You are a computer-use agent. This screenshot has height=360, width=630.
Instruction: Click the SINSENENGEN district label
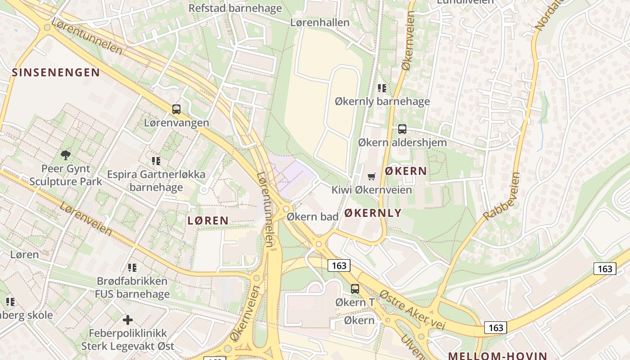point(56,72)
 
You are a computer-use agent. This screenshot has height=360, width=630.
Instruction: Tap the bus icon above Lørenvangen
point(176,109)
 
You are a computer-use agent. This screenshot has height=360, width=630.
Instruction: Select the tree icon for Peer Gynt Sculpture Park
point(66,155)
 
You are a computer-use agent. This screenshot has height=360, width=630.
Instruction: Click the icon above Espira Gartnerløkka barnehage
point(156,161)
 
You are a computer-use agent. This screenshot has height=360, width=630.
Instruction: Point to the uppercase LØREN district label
point(208,220)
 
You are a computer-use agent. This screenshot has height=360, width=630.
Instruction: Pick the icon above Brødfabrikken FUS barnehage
point(132,268)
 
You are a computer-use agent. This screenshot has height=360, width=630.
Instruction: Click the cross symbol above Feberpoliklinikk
point(128,320)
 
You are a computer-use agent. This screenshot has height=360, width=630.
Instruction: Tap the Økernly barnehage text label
point(382,101)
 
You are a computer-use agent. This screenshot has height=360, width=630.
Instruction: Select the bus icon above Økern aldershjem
point(402,129)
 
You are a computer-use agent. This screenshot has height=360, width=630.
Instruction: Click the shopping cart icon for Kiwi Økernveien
point(371,176)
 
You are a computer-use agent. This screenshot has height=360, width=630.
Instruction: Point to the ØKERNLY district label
point(373,213)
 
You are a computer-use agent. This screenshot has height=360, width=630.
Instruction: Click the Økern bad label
point(312,216)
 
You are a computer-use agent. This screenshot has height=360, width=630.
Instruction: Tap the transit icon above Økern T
point(355,289)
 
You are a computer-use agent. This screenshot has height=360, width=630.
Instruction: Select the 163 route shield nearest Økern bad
point(339,265)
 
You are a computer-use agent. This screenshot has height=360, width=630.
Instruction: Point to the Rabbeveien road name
point(502,196)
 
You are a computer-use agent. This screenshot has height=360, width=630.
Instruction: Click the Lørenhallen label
point(320,22)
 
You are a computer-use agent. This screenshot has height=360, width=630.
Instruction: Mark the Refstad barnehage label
point(235,8)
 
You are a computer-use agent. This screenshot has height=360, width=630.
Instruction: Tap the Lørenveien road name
point(85,219)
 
